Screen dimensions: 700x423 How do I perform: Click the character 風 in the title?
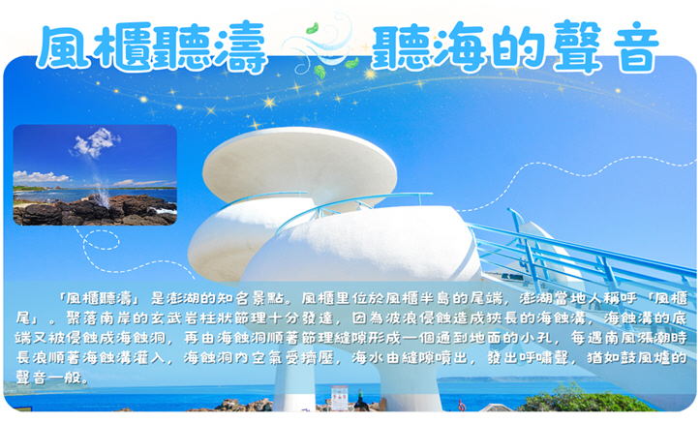coord(65,47)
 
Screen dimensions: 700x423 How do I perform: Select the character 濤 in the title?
coord(240,47)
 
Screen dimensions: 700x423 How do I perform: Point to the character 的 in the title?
coord(521,47)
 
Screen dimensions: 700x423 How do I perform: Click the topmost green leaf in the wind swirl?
coord(312,29)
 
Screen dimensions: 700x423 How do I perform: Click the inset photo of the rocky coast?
coord(95,175)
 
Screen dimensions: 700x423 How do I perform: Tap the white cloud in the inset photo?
coord(95,143)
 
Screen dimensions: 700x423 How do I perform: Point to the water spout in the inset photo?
coord(101,190)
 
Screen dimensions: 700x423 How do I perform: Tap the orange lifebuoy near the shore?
coord(461,406)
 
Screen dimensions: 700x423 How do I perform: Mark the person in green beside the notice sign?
coord(360,400)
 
